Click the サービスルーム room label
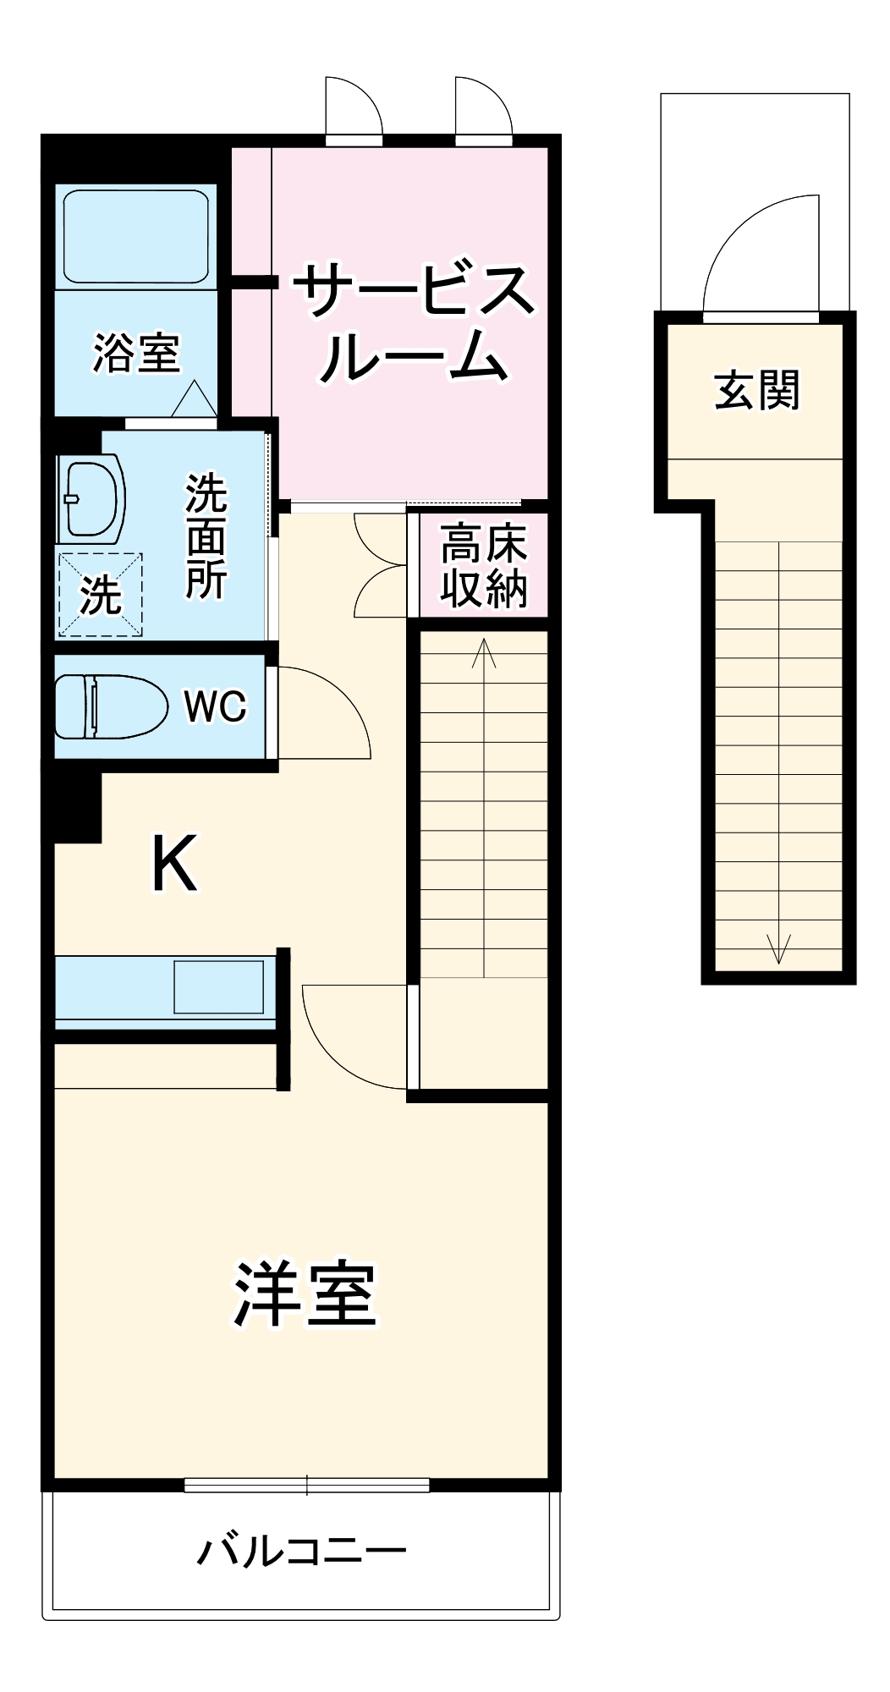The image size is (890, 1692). tap(414, 324)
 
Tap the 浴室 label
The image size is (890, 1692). tap(136, 353)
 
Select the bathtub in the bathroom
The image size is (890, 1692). tap(135, 238)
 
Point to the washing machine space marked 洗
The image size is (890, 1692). tap(100, 595)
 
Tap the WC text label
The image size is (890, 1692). tap(216, 706)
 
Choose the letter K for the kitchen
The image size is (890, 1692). tap(173, 864)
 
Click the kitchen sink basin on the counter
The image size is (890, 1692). tap(218, 986)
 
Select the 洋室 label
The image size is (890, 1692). tap(305, 1294)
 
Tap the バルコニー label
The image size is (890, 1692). tap(302, 1551)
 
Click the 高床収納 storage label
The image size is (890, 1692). tap(483, 567)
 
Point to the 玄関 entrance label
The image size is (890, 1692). tap(756, 391)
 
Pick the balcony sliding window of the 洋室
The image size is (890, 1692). tap(306, 1485)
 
